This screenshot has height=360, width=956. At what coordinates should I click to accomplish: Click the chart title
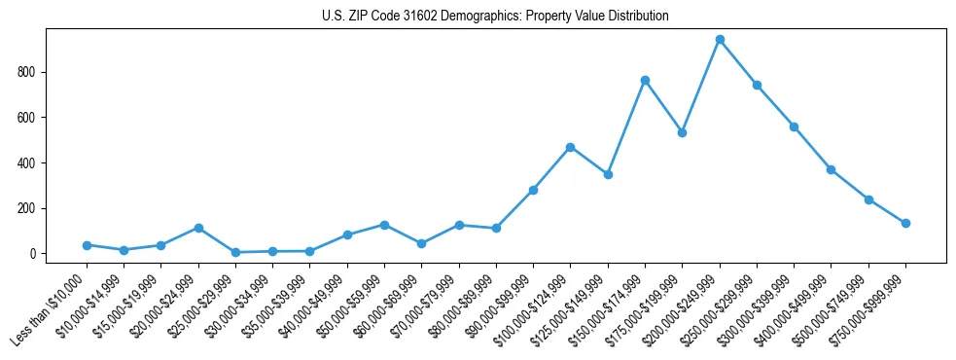point(495,17)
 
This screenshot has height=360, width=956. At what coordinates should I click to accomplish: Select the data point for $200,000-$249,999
point(720,40)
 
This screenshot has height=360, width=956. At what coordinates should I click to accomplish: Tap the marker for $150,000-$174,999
point(645,80)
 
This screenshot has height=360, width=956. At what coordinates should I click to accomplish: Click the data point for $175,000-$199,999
point(683,132)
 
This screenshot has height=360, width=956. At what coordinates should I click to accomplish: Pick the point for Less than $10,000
point(87,245)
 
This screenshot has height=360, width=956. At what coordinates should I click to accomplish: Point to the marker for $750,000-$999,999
point(905,223)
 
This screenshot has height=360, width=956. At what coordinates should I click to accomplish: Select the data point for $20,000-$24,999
point(198,228)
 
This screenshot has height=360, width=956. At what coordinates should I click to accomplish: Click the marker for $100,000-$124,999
point(571,147)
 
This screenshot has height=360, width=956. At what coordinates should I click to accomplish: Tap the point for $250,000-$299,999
point(757,85)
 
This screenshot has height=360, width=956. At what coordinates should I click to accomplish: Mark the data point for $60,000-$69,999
point(421,243)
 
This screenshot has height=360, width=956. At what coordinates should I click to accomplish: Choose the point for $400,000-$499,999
point(832,169)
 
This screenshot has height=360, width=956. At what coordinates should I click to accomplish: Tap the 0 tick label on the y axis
point(32,254)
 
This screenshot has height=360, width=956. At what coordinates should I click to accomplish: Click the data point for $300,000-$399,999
point(794,126)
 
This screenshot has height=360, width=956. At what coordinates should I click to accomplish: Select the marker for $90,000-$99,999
point(533,190)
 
